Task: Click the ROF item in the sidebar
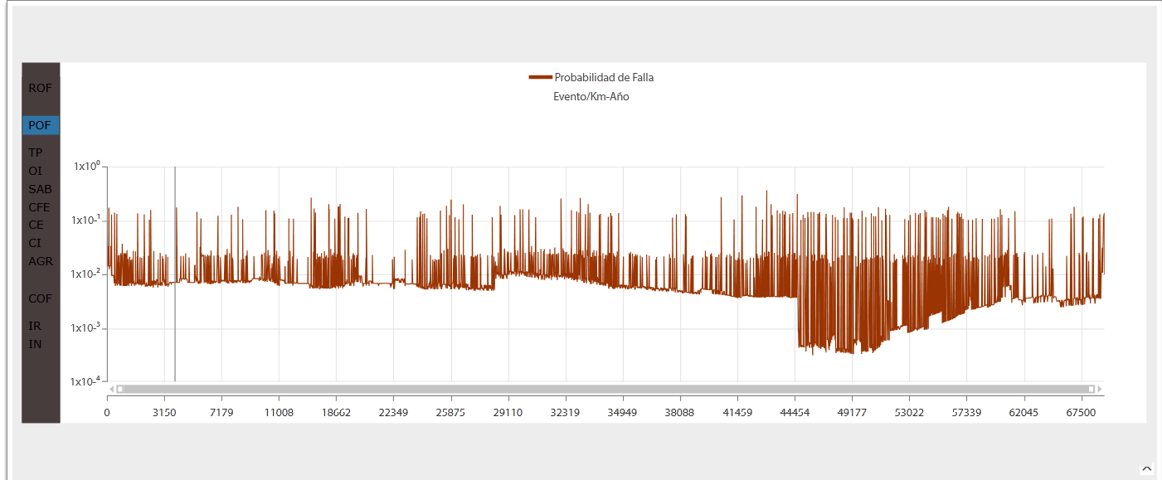click(x=40, y=88)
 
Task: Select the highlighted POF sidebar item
click(x=40, y=126)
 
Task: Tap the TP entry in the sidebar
click(x=36, y=153)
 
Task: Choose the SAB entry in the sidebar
click(x=40, y=189)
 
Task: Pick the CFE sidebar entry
click(x=40, y=207)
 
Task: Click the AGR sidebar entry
click(x=41, y=261)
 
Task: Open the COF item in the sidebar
click(x=40, y=298)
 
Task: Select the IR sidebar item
click(x=35, y=326)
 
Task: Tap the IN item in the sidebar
click(x=35, y=344)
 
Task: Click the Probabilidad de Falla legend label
click(x=604, y=78)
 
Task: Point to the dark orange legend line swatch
click(x=540, y=78)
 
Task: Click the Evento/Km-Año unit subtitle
click(x=591, y=97)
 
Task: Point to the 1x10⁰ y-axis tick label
click(x=86, y=167)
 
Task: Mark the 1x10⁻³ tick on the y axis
click(x=86, y=328)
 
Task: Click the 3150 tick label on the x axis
click(x=164, y=413)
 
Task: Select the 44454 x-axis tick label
click(x=795, y=413)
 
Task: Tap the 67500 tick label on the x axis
click(x=1081, y=413)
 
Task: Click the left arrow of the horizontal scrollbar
click(x=112, y=389)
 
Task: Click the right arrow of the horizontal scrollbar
click(x=1100, y=389)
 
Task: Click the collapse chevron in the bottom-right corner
click(x=1147, y=469)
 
